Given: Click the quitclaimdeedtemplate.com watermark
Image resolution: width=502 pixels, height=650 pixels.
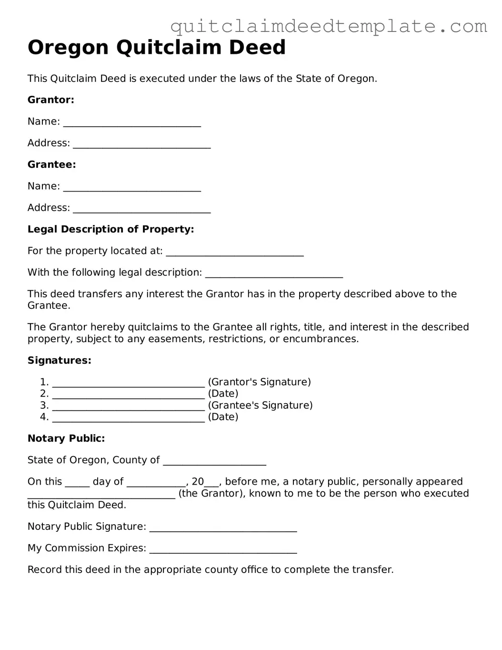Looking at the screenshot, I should click(329, 26).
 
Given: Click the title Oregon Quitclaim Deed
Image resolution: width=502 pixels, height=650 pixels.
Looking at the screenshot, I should click(157, 48).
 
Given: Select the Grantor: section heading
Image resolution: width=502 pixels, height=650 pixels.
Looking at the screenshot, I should click(51, 100).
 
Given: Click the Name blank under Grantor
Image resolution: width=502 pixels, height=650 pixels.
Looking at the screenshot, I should click(132, 122).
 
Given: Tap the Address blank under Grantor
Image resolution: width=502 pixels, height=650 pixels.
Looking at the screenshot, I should click(141, 144).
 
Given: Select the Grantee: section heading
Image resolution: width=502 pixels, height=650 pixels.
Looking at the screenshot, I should click(51, 165).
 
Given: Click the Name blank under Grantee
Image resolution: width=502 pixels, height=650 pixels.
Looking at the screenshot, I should click(132, 187).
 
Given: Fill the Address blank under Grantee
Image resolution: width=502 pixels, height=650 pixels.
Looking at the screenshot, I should click(141, 209).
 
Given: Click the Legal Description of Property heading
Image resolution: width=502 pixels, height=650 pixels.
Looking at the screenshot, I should click(110, 229).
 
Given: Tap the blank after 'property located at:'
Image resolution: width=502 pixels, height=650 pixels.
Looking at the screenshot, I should click(235, 252).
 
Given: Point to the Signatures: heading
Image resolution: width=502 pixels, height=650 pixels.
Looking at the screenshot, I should click(59, 361).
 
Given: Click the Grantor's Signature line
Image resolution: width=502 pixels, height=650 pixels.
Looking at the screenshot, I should click(129, 383).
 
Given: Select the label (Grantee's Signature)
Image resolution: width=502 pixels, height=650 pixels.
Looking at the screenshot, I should click(260, 406).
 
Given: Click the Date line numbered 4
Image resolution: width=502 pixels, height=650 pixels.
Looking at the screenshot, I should click(129, 418).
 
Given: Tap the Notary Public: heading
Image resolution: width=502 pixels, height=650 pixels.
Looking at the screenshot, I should click(66, 438).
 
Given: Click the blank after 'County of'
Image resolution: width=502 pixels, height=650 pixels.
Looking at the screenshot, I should click(214, 461).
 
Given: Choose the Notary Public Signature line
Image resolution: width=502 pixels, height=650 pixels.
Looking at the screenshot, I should click(223, 528).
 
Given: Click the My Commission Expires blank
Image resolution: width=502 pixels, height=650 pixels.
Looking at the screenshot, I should click(223, 549).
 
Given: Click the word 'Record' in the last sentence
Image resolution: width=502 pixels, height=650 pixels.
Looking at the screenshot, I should click(43, 569).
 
